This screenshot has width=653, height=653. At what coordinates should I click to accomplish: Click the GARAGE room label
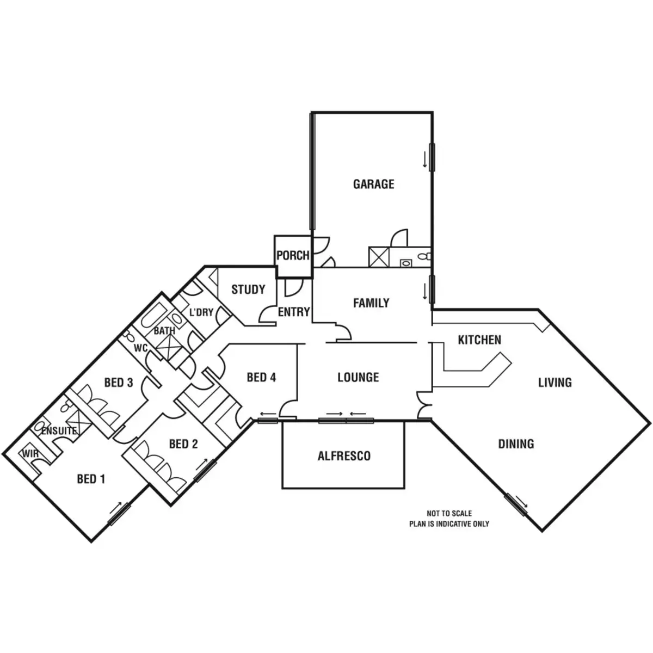(x=373, y=184)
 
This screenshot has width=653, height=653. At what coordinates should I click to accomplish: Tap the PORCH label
(x=293, y=255)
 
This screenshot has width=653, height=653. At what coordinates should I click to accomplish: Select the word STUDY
(x=248, y=289)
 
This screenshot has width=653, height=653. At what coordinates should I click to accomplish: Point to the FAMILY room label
(x=371, y=303)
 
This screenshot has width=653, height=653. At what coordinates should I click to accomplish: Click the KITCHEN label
(x=479, y=340)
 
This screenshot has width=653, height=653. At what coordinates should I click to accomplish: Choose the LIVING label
(x=555, y=383)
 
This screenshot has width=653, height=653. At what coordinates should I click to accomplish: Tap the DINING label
(x=516, y=444)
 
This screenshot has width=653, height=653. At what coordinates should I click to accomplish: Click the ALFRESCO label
(x=344, y=456)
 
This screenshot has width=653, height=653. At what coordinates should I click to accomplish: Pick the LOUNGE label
(x=358, y=378)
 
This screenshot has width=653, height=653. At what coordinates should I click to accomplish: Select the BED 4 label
(x=261, y=378)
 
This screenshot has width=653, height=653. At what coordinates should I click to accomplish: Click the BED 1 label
(x=91, y=479)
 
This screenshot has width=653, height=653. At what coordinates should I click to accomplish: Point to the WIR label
(x=30, y=453)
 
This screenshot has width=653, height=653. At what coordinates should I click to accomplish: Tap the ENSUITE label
(x=59, y=431)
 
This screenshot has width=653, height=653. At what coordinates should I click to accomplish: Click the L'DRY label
(x=201, y=312)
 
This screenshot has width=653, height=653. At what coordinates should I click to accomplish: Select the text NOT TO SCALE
(x=449, y=513)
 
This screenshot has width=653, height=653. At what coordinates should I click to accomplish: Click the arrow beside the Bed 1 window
(x=115, y=508)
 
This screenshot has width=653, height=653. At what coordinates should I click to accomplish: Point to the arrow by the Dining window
(x=521, y=500)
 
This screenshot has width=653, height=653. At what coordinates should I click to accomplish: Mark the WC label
(x=140, y=348)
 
